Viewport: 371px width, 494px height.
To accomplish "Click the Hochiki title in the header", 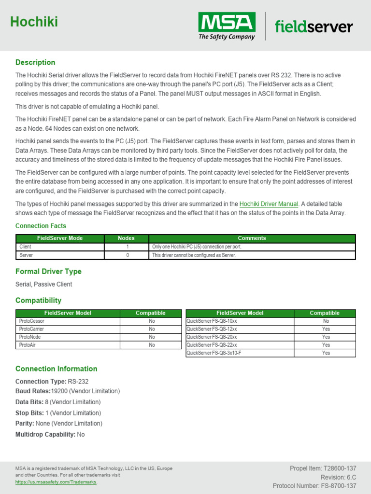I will pyautogui.click(x=34, y=22).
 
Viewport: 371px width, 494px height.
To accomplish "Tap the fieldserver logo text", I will pyautogui.click(x=314, y=27).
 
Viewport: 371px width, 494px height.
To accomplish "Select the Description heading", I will pyautogui.click(x=35, y=62).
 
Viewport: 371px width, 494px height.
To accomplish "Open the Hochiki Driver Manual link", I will pyautogui.click(x=269, y=204).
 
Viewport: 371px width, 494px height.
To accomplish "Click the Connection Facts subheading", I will pyautogui.click(x=41, y=226).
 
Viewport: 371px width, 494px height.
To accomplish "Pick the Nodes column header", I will pyautogui.click(x=126, y=238).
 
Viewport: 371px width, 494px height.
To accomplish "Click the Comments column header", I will pyautogui.click(x=252, y=238).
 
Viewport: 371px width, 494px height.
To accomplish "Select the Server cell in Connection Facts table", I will pyautogui.click(x=26, y=255).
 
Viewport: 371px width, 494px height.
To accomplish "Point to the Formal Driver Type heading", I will pyautogui.click(x=48, y=272).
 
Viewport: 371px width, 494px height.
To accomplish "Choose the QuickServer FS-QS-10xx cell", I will pyautogui.click(x=212, y=321).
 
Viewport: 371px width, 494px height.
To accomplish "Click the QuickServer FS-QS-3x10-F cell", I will pyautogui.click(x=214, y=353).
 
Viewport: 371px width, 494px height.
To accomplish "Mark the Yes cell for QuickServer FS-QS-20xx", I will pyautogui.click(x=326, y=337).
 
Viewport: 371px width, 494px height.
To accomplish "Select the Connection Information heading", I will pyautogui.click(x=56, y=369).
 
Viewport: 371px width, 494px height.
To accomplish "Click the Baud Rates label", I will pyautogui.click(x=33, y=391).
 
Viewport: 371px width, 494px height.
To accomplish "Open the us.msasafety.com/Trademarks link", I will pyautogui.click(x=56, y=482).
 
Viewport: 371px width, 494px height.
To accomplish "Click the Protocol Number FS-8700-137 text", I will pyautogui.click(x=314, y=486).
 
